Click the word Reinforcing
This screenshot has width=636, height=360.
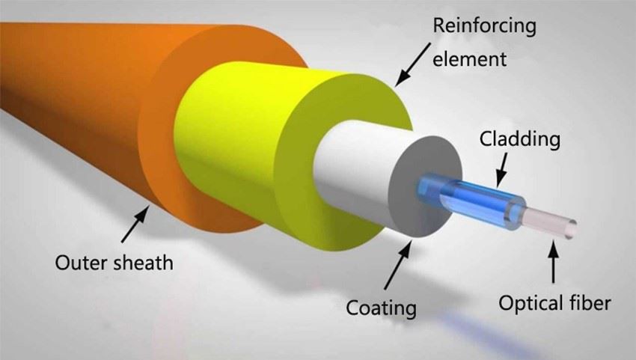(485, 27)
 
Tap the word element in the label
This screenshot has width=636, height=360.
(469, 58)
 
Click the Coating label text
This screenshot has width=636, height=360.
(381, 308)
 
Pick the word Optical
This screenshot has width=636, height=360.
(530, 304)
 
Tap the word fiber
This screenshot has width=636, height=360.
(592, 304)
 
